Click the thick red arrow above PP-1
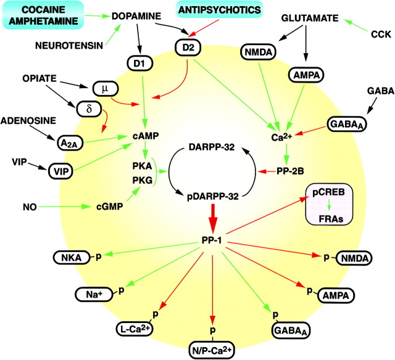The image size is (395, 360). click(212, 219)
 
